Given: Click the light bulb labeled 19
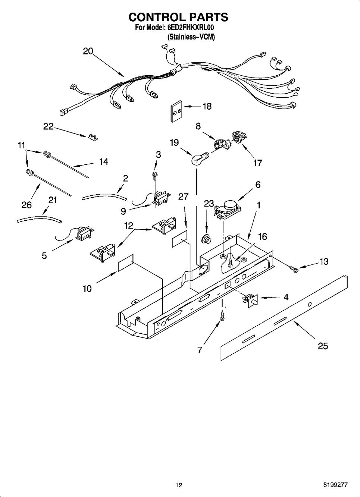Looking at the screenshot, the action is click(x=199, y=158).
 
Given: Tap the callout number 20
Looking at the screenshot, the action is click(x=88, y=51).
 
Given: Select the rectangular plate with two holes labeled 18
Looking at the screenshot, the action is click(x=176, y=111).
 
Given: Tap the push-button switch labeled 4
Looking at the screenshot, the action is click(x=251, y=300).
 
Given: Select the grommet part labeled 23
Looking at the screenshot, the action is click(x=206, y=240).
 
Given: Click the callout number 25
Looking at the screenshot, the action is click(x=323, y=346).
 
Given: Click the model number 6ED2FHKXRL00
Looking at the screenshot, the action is click(x=190, y=28).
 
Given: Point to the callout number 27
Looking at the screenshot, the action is click(x=183, y=196).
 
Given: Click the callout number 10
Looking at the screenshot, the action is click(x=87, y=289).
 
